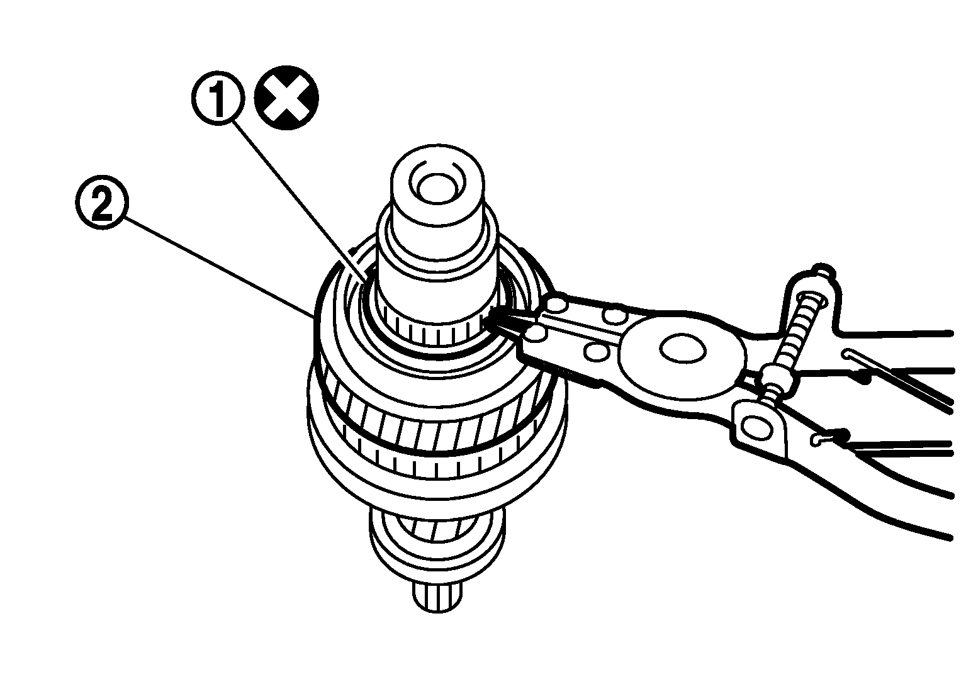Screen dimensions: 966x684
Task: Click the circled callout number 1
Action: [218, 99]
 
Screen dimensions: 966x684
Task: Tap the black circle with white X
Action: [286, 98]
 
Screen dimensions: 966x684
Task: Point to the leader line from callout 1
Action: [300, 202]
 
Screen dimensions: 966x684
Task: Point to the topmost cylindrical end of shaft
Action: [437, 186]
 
